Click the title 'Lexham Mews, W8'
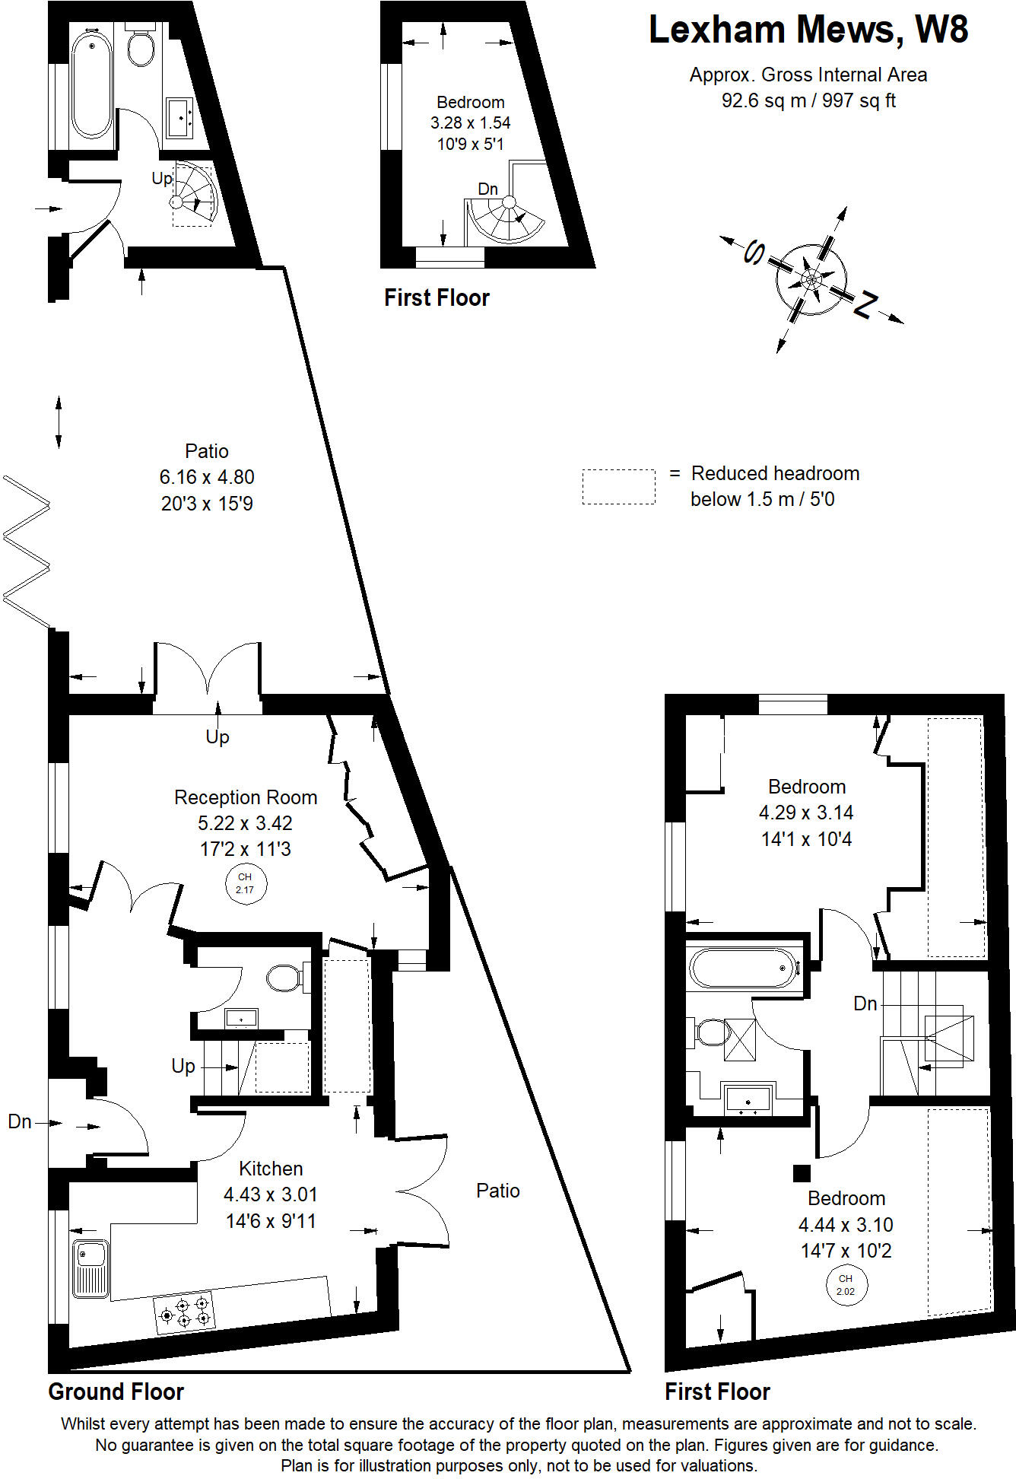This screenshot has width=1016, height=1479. pyautogui.click(x=808, y=30)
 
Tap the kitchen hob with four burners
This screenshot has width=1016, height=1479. pyautogui.click(x=184, y=1312)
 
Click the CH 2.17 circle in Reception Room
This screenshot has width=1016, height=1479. pyautogui.click(x=245, y=883)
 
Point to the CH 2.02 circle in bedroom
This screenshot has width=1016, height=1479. pyautogui.click(x=846, y=1285)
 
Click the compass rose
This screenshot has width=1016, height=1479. pyautogui.click(x=811, y=279)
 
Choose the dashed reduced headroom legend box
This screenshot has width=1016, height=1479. pyautogui.click(x=618, y=486)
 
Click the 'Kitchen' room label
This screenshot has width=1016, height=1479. pyautogui.click(x=271, y=1169)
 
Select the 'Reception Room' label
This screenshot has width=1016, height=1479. pyautogui.click(x=246, y=797)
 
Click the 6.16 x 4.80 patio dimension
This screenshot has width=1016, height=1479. pyautogui.click(x=207, y=477)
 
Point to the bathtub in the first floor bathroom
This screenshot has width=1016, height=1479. pyautogui.click(x=745, y=968)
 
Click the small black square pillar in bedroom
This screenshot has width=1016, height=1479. pyautogui.click(x=802, y=1173)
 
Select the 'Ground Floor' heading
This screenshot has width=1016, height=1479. pyautogui.click(x=116, y=1392)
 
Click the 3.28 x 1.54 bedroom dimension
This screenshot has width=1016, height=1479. pyautogui.click(x=471, y=122)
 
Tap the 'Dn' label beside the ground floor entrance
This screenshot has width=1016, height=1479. pyautogui.click(x=20, y=1121)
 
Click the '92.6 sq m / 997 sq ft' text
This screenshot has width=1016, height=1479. pyautogui.click(x=808, y=100)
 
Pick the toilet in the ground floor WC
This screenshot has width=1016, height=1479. pyautogui.click(x=287, y=978)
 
